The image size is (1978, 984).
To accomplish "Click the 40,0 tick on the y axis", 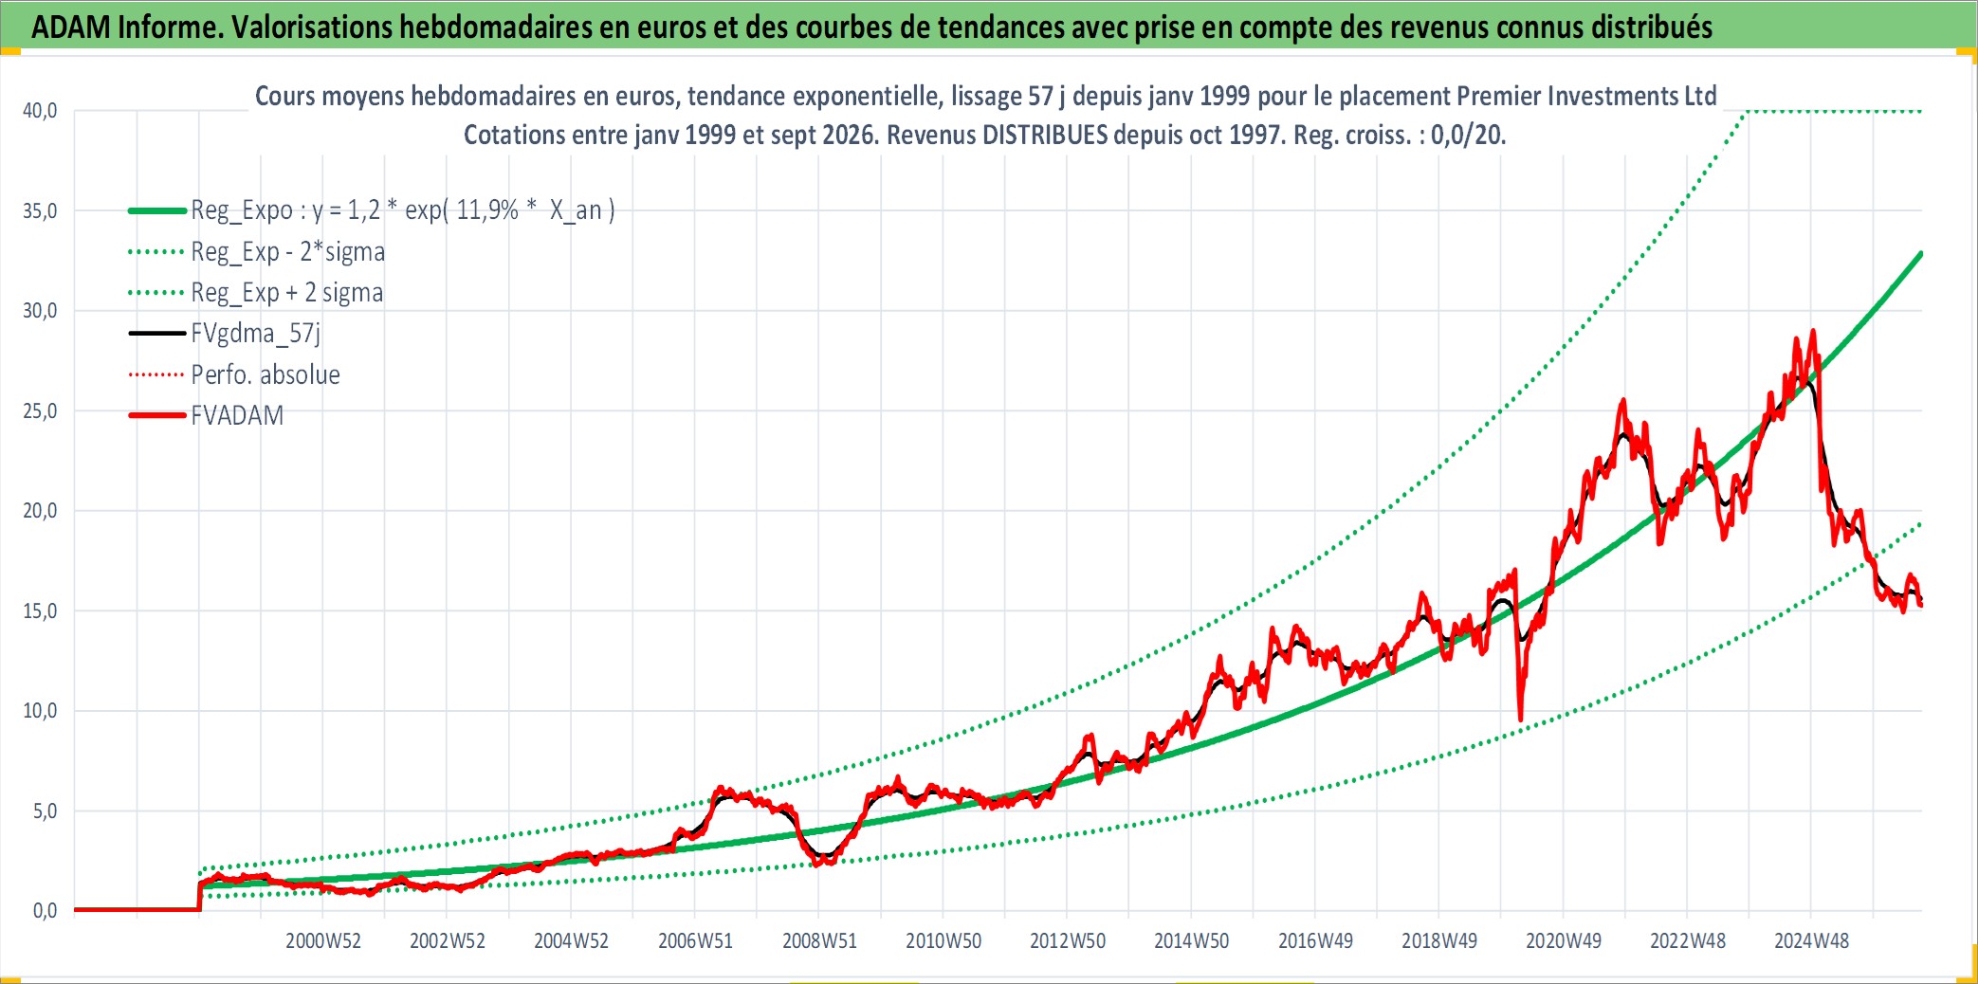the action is [x=40, y=111].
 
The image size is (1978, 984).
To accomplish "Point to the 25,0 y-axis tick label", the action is [x=40, y=411].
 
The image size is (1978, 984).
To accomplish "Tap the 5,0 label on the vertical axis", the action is [x=45, y=811].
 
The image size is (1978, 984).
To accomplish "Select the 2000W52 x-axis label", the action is [x=323, y=941].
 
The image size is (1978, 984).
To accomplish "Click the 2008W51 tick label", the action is [x=819, y=941].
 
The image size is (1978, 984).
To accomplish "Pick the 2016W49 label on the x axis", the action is [x=1315, y=941].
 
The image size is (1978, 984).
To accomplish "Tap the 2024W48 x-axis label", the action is [x=1811, y=941].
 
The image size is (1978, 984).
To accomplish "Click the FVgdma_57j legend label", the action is [x=256, y=334].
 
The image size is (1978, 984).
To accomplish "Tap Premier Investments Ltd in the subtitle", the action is [x=1586, y=97].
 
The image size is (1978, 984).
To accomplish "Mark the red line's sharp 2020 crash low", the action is [x=1520, y=720].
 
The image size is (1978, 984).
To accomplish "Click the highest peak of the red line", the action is [x=1813, y=331].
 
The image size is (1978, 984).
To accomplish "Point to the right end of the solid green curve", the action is [x=1921, y=253].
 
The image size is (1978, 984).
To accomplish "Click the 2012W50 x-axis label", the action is [x=1068, y=941].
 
